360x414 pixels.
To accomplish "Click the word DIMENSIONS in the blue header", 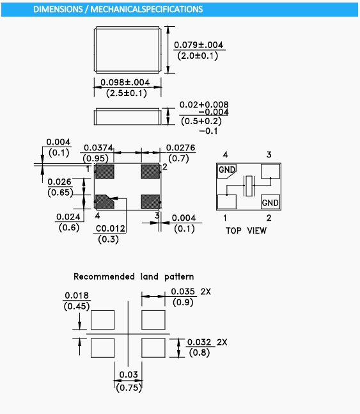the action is point(58,9).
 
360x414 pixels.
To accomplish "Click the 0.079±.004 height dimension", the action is point(198,45).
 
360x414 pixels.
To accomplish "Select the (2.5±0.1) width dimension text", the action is point(127,93).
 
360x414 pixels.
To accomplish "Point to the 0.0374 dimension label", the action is point(98,148).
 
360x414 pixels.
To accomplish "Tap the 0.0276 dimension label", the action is point(180,148).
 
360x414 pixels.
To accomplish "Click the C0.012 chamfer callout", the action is point(111,228).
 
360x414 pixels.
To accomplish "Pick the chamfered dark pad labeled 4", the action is point(104,202).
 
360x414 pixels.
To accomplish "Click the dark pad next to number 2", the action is point(150,171).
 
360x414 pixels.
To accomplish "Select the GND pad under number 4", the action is point(227,171).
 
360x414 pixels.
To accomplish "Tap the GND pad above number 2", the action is point(270,202).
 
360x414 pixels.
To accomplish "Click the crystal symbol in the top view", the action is point(249,186).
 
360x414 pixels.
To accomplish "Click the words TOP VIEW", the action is point(246,230).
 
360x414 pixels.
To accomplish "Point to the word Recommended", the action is point(104,276).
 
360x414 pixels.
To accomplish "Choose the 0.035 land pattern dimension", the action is point(183,292).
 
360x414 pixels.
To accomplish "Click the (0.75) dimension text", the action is point(129,388).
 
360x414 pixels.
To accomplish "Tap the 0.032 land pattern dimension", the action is point(199,342).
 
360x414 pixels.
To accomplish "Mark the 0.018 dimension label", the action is point(77,296).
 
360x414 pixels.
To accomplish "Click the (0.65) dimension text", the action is point(60,193).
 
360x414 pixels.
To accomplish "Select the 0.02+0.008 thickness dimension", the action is point(204,104).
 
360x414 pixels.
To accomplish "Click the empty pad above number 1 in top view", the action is point(227,202).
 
